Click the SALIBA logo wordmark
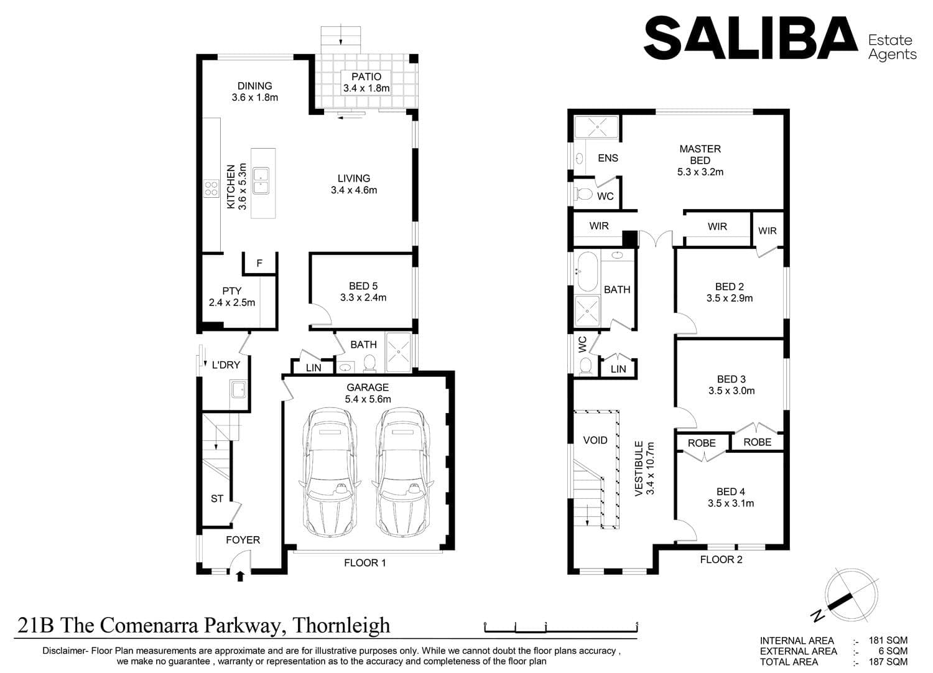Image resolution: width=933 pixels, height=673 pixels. [x=751, y=38]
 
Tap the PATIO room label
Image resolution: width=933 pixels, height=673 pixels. [x=366, y=77]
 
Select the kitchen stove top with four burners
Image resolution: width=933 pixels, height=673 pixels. [x=211, y=188]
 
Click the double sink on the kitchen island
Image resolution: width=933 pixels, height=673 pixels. [x=261, y=181]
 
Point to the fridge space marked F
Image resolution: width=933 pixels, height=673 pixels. [x=259, y=263]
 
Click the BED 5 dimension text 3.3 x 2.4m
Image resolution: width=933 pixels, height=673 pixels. [x=363, y=297]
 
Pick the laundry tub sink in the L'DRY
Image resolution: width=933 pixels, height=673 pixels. [x=239, y=390]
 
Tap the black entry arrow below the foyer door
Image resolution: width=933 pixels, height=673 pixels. [x=240, y=576]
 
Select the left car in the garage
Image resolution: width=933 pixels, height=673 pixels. [x=330, y=472]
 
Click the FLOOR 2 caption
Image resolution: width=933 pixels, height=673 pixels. [x=721, y=559]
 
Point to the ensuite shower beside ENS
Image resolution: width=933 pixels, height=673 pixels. [x=597, y=127]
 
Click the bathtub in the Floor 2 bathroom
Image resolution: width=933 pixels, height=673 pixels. [x=587, y=272]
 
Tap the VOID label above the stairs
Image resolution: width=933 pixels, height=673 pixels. [x=595, y=440]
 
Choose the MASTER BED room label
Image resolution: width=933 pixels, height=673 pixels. [x=700, y=154]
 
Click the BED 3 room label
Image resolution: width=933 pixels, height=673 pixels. [x=731, y=379]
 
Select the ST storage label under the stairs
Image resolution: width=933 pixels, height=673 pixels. [x=217, y=498]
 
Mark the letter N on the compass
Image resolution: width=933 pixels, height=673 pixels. [x=818, y=615]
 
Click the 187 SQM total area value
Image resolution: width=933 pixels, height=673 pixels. [x=888, y=662]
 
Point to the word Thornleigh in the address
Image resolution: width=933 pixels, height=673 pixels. [x=341, y=625]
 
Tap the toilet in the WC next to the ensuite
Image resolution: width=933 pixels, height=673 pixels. [x=583, y=193]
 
